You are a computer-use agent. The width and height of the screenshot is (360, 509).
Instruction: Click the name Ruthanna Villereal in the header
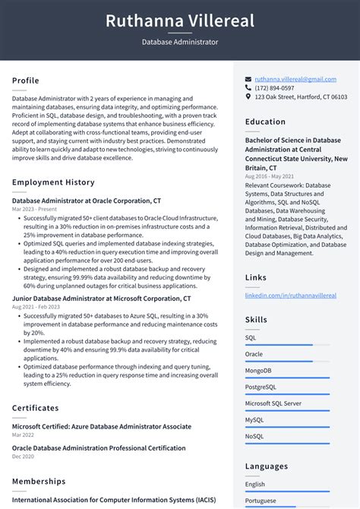click(x=180, y=21)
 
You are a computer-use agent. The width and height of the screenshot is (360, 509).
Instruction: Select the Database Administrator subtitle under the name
click(x=180, y=42)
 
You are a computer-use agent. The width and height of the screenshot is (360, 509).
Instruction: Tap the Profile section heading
click(x=26, y=81)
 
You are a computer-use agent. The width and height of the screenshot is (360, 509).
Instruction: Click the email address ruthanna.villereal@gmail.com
click(x=295, y=79)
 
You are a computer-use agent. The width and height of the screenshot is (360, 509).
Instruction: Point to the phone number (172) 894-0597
click(x=274, y=88)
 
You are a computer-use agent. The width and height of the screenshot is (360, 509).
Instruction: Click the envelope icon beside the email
click(x=248, y=79)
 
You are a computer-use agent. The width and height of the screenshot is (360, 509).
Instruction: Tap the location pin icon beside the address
click(x=248, y=97)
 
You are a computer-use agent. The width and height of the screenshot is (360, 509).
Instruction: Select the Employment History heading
click(x=53, y=182)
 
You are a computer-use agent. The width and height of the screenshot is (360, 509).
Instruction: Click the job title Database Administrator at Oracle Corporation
click(x=87, y=201)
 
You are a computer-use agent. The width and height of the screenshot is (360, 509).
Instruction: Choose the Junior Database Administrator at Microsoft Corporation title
click(x=101, y=299)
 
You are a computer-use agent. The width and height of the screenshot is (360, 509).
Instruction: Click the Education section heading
click(x=266, y=122)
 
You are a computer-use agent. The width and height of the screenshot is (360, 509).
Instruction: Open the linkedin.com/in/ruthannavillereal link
click(x=290, y=296)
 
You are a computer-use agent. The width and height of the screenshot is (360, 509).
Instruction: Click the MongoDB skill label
click(x=258, y=371)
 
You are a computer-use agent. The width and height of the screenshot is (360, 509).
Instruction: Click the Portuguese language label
click(x=261, y=501)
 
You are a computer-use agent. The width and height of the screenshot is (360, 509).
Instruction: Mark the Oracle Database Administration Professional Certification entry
click(x=99, y=448)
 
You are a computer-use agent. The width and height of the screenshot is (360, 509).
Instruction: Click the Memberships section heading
click(x=39, y=482)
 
